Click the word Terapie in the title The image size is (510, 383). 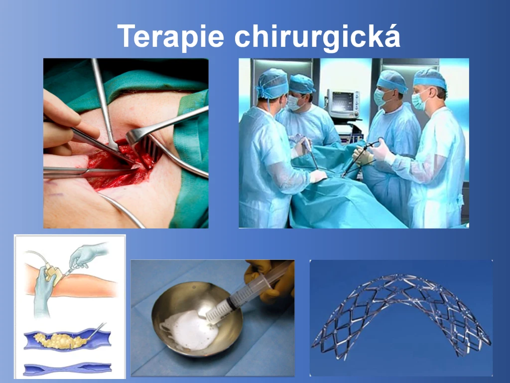(171, 36)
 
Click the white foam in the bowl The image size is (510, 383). (190, 329)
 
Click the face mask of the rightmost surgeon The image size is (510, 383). (419, 101)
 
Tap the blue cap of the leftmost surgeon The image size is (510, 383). (272, 83)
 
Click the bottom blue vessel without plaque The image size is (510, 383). (68, 368)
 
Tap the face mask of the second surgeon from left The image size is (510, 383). (294, 103)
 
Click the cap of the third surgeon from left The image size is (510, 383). (392, 81)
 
